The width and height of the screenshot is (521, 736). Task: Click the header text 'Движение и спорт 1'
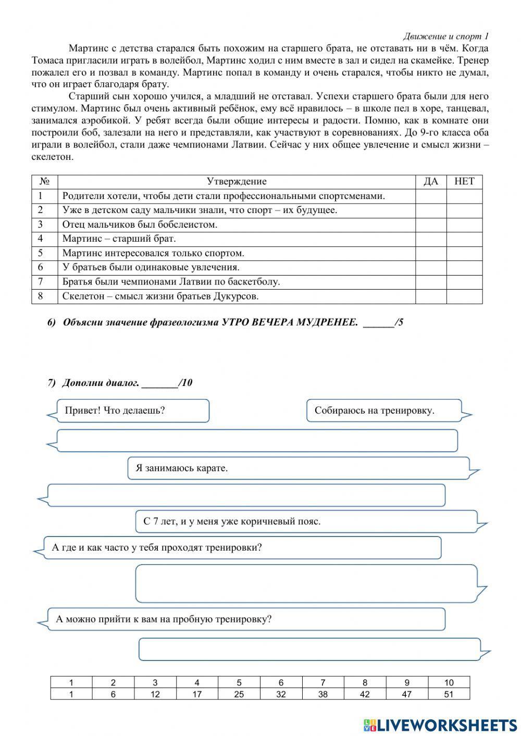(x=445, y=36)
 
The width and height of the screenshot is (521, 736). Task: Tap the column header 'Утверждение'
(x=237, y=181)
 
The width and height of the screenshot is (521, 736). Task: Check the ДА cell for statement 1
(x=430, y=196)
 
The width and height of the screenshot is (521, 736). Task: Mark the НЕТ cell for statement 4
(x=464, y=239)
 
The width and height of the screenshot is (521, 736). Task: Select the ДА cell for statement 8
(x=430, y=296)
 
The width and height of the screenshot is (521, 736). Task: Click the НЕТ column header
(x=464, y=181)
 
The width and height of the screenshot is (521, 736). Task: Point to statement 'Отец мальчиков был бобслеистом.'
(x=140, y=224)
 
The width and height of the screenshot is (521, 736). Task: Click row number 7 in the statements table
(x=40, y=282)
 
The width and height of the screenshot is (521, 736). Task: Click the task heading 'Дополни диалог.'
(x=101, y=383)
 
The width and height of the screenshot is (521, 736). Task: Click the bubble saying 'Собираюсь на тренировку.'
(x=383, y=410)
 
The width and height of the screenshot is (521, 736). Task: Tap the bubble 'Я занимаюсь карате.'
(x=298, y=468)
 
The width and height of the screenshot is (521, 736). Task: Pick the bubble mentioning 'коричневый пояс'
(x=306, y=521)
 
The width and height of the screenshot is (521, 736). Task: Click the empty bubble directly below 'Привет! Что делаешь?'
(x=256, y=441)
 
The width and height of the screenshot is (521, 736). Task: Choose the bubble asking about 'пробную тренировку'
(x=246, y=619)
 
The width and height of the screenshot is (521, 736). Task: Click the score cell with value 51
(x=449, y=694)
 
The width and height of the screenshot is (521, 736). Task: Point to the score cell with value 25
(x=239, y=694)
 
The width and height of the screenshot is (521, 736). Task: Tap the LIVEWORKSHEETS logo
(x=440, y=725)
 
